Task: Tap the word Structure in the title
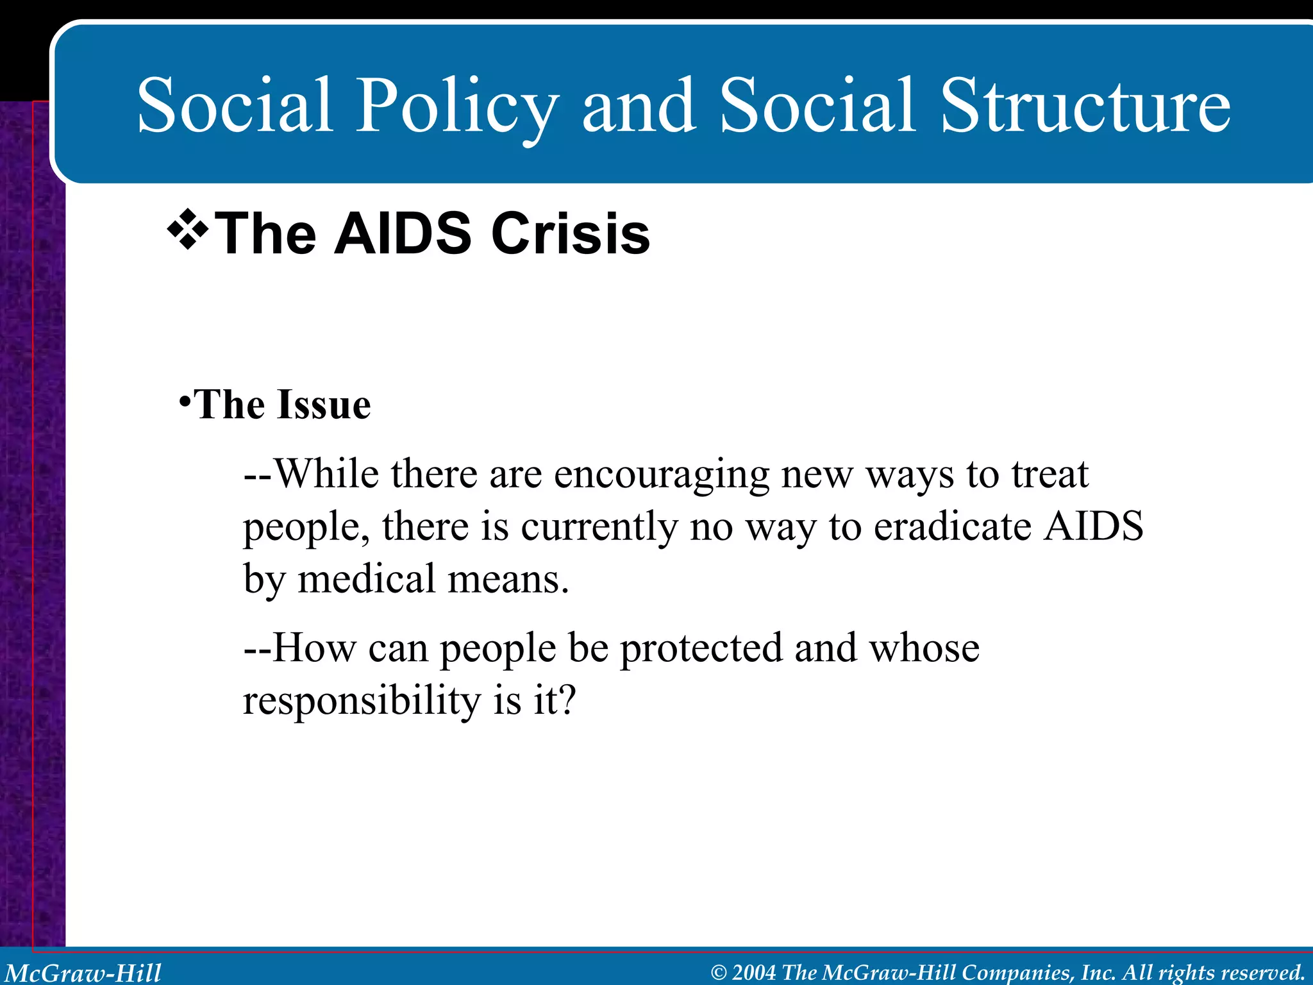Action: pos(1085,106)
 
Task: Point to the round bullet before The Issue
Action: pos(185,403)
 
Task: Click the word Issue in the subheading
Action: pos(324,405)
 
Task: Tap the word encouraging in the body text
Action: pos(662,476)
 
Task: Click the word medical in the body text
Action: pos(366,579)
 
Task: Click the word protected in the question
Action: pos(701,648)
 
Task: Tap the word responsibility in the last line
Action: pos(362,700)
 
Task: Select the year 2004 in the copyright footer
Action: pos(754,973)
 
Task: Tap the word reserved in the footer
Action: pos(1263,973)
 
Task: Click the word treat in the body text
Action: pos(1050,476)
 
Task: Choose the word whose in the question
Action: pos(924,648)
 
